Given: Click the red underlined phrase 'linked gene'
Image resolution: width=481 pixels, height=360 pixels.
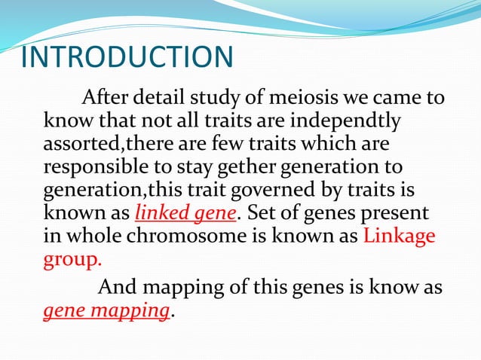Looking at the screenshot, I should pos(185,212).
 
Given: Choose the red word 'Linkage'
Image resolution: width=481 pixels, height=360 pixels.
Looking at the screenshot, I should pos(399,234).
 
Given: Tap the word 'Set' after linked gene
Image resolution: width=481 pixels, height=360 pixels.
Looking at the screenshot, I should pos(262,212).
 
